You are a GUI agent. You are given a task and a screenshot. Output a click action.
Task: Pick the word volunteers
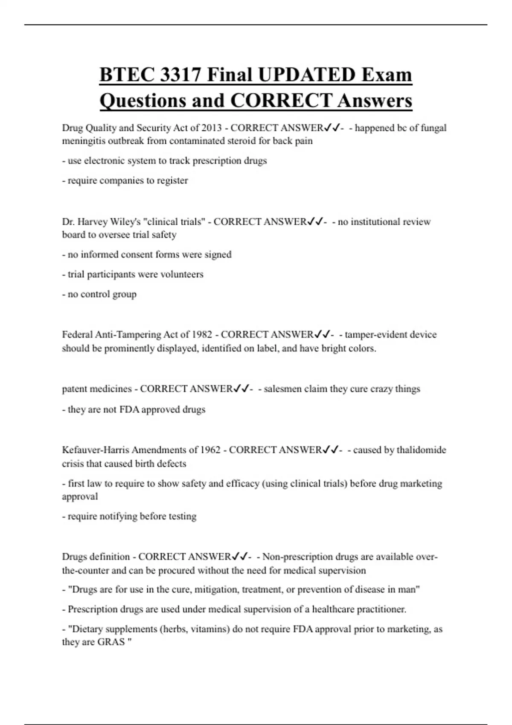click(x=182, y=274)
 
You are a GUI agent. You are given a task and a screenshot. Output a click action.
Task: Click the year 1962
click(x=210, y=450)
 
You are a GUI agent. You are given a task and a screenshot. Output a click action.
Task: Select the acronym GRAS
click(x=111, y=642)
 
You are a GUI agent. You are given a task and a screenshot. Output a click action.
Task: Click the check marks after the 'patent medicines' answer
click(x=241, y=389)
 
